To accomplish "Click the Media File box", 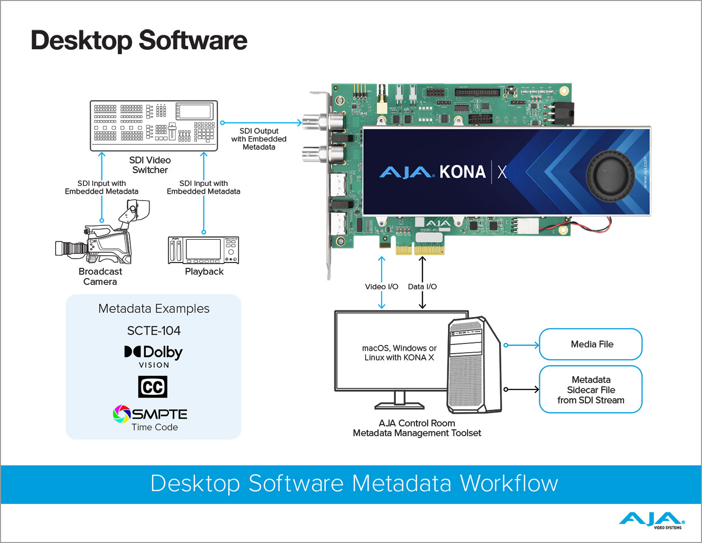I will point(590,344).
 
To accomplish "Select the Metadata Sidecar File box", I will point(590,389).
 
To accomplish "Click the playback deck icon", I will point(203,250).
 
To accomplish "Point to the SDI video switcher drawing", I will point(154,126).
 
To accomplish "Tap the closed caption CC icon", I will point(153,387).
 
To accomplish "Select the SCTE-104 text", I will point(154,331).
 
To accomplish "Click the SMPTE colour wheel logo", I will point(122,414).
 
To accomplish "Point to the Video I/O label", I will point(381,287).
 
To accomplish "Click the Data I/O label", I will point(422,287).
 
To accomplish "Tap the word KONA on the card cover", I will point(462,172).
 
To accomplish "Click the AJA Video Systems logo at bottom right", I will point(652,521).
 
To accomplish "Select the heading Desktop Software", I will point(139,40).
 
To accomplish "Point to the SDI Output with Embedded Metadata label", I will point(259,139).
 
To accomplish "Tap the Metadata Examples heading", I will point(154,309).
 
